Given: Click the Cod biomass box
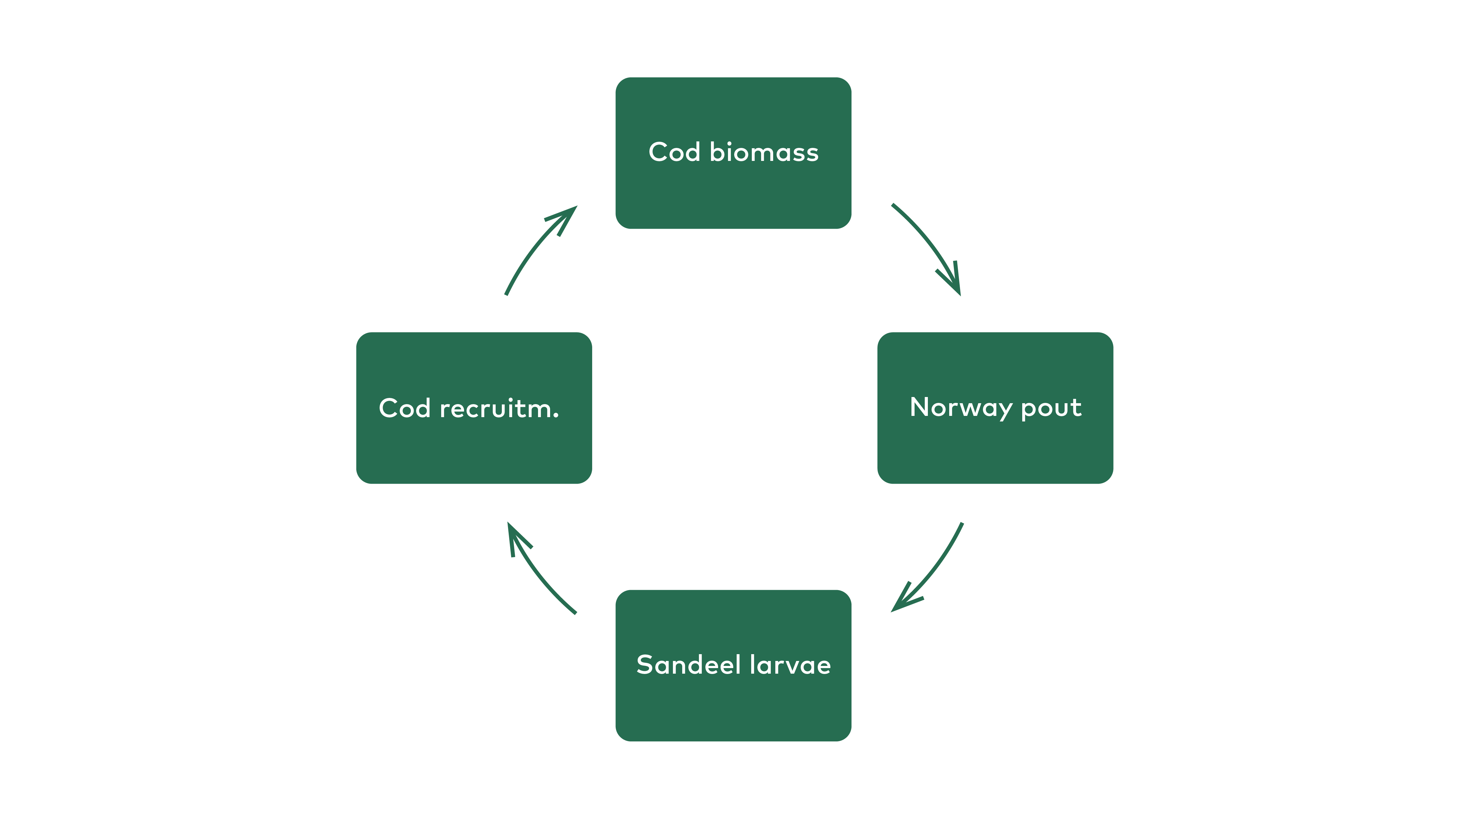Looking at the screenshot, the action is click(x=733, y=153).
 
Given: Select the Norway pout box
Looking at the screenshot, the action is click(x=995, y=408).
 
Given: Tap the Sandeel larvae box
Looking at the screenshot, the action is click(x=733, y=666).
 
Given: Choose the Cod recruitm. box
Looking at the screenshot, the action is click(x=474, y=408).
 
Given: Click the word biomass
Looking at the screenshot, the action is click(x=764, y=152).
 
